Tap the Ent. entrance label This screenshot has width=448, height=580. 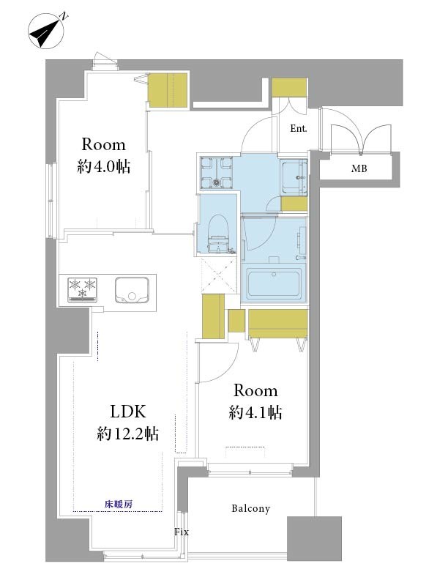click(x=298, y=128)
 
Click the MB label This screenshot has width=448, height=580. click(x=359, y=168)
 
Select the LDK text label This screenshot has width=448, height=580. click(x=128, y=412)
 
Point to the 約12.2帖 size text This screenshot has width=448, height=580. click(x=128, y=433)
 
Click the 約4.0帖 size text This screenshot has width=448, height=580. click(x=104, y=166)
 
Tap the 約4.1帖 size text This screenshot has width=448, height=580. click(x=255, y=412)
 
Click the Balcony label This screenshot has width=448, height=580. click(x=250, y=508)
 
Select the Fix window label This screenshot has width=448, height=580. click(x=182, y=532)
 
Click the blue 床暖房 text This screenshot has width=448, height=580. click(x=119, y=504)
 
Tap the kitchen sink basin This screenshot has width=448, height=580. click(x=132, y=290)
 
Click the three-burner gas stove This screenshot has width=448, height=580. click(x=83, y=289)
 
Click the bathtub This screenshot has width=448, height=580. click(x=274, y=283)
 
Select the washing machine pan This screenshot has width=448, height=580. click(x=217, y=172)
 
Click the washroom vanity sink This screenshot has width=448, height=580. click(x=294, y=177)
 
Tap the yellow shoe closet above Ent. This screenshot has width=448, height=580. click(x=289, y=87)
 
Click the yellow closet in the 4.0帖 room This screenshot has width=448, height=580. click(x=168, y=90)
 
